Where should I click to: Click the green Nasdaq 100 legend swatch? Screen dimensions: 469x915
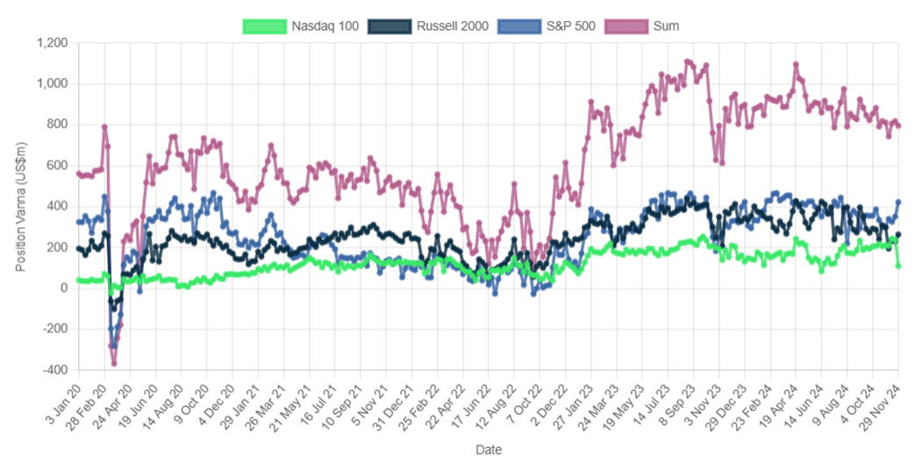pyautogui.click(x=264, y=26)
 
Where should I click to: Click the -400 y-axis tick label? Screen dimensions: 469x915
pyautogui.click(x=54, y=370)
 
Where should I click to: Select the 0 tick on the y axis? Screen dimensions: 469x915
pyautogui.click(x=64, y=288)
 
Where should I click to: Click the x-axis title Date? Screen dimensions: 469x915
pyautogui.click(x=489, y=450)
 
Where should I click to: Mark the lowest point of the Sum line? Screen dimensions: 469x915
pyautogui.click(x=114, y=363)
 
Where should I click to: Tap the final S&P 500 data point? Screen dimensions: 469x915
pyautogui.click(x=898, y=203)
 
